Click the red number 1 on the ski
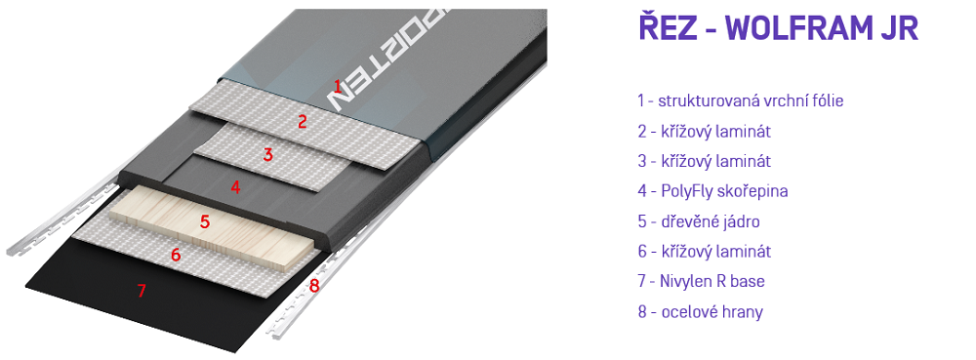pyautogui.click(x=338, y=87)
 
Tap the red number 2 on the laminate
pyautogui.click(x=303, y=121)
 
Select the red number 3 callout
pyautogui.click(x=268, y=155)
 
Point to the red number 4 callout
pyautogui.click(x=235, y=187)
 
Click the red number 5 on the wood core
pyautogui.click(x=205, y=222)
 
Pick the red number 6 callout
pyautogui.click(x=176, y=255)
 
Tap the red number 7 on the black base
pyautogui.click(x=142, y=291)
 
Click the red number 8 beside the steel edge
pyautogui.click(x=314, y=286)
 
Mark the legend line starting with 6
pyautogui.click(x=705, y=251)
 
